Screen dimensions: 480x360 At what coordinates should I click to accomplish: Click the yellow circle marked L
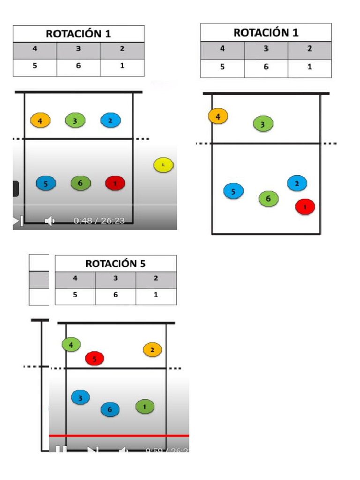coord(163,165)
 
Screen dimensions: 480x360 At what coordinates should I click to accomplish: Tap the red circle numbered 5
coord(95,359)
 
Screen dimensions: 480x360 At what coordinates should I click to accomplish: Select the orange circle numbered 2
coord(152,350)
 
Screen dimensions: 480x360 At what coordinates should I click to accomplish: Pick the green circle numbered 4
coord(71,345)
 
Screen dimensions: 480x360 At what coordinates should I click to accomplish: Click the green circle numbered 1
coord(145,407)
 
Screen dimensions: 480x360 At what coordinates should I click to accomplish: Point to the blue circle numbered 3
coord(81,398)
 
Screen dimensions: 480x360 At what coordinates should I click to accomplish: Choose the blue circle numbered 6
coord(110,410)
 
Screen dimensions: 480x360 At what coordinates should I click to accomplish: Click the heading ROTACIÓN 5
coord(115,263)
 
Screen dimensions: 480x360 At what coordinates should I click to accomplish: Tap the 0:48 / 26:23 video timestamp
coord(99,220)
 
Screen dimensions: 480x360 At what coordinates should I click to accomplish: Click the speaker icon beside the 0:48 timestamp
coord(50,220)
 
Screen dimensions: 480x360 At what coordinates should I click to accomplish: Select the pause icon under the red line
coord(61,450)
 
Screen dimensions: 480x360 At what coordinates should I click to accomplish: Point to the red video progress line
coord(119,436)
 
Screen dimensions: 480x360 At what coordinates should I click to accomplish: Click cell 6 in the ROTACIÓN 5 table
coord(115,295)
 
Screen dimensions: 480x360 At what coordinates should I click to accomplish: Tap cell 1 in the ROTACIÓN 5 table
coord(156,295)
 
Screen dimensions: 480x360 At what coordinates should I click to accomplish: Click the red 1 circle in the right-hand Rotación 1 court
coord(305,206)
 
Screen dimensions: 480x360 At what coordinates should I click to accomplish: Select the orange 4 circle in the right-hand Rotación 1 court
coord(218,116)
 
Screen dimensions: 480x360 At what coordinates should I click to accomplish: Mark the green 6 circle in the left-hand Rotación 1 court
coord(80,183)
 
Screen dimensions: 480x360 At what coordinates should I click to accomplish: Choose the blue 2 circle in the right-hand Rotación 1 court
coord(297,183)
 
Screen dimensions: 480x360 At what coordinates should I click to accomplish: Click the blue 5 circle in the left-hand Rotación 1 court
coord(46,183)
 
